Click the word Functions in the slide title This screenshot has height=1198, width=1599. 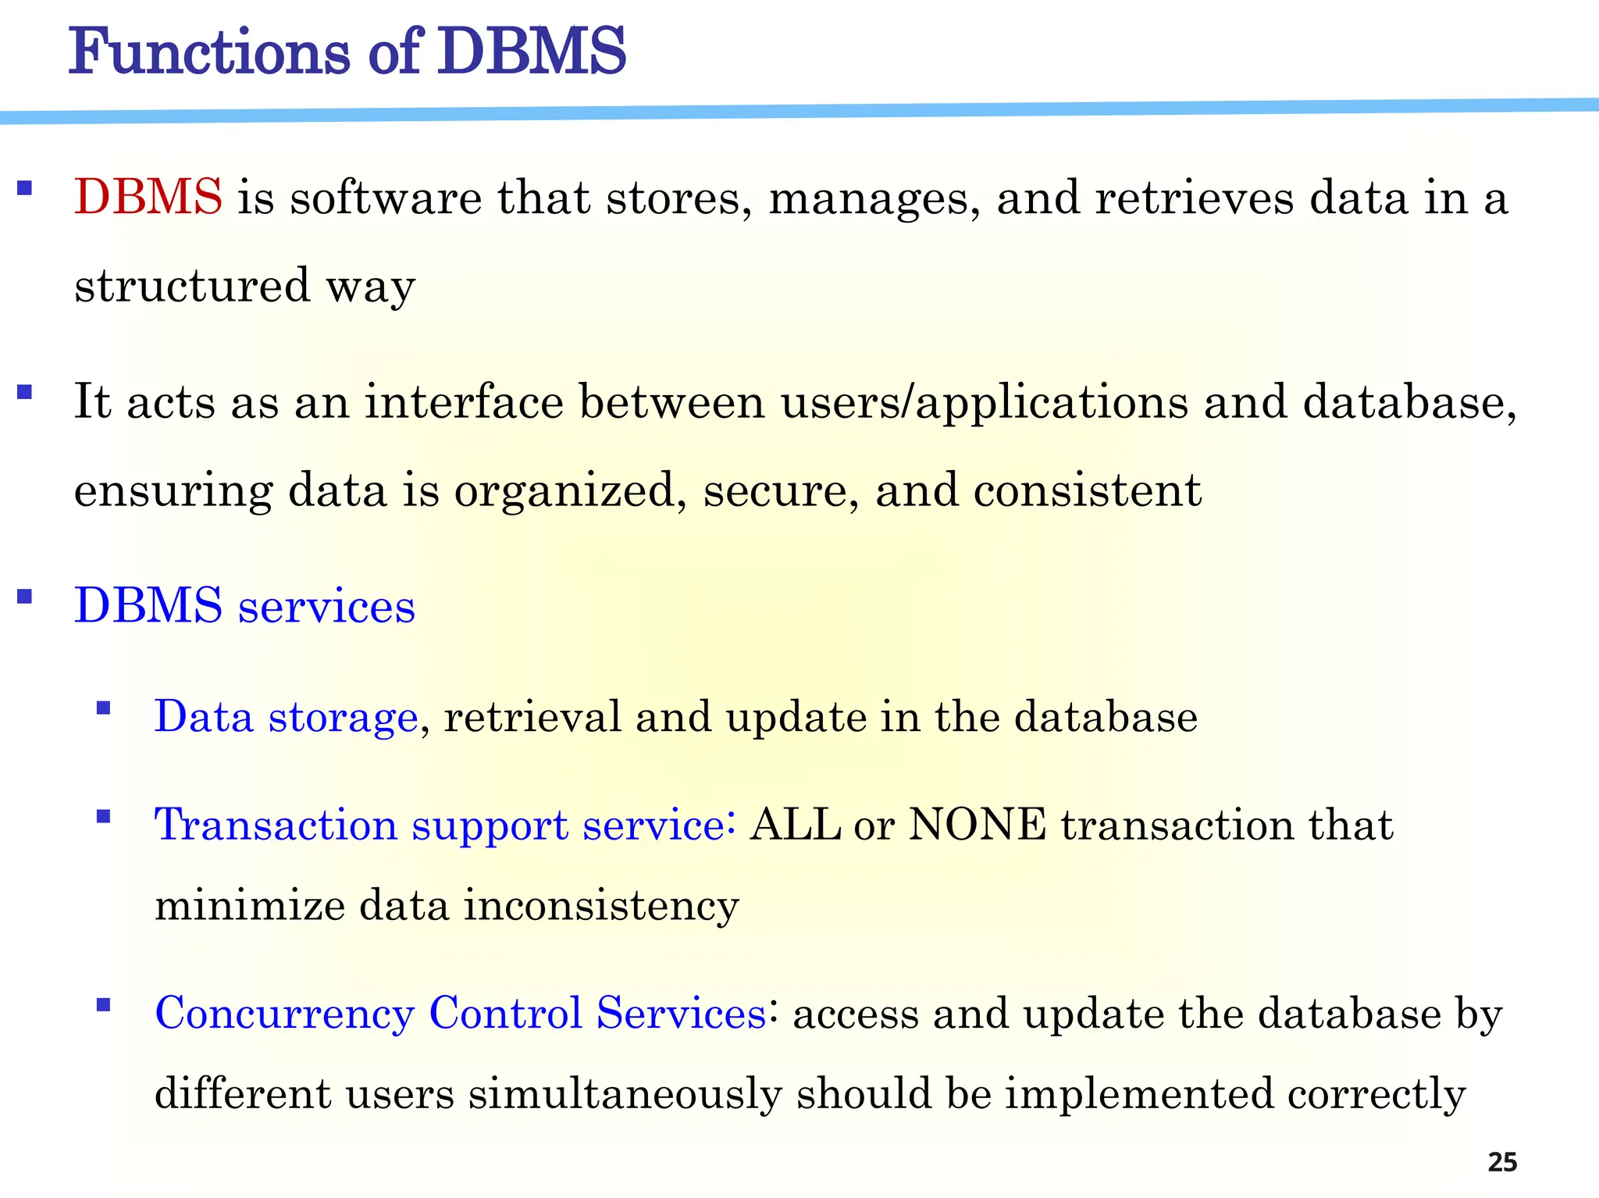click(x=209, y=52)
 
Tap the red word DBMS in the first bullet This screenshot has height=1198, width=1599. click(x=148, y=197)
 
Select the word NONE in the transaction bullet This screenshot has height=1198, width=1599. click(x=978, y=825)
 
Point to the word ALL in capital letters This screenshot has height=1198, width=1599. click(x=795, y=825)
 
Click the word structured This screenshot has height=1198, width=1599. click(x=192, y=285)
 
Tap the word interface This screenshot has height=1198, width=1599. click(x=464, y=402)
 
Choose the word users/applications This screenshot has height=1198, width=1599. click(x=985, y=404)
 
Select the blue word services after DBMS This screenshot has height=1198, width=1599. click(x=326, y=607)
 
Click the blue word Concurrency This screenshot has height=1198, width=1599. click(x=284, y=1014)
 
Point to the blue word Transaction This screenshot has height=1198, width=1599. click(x=276, y=825)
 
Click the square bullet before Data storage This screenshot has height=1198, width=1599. click(x=103, y=708)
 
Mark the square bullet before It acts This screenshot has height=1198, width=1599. click(x=24, y=392)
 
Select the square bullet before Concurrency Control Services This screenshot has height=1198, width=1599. click(x=103, y=1004)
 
